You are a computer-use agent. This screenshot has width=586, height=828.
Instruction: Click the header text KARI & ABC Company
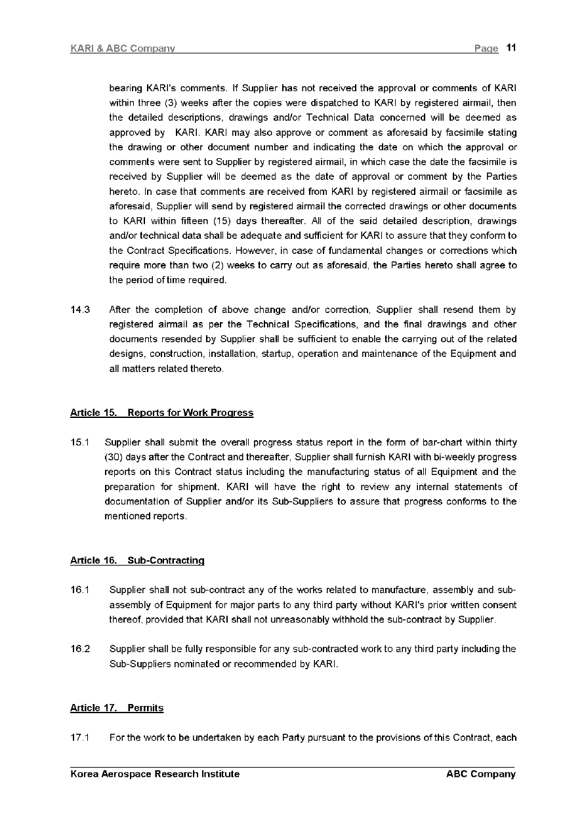[123, 49]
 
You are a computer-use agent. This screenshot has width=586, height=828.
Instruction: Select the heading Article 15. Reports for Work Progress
[161, 413]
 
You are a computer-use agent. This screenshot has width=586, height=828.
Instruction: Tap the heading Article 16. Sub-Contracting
[137, 560]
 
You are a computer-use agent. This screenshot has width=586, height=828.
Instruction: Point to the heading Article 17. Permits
[117, 708]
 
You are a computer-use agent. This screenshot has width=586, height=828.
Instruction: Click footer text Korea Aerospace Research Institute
[155, 774]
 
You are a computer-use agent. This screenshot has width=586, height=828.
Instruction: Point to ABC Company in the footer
[480, 774]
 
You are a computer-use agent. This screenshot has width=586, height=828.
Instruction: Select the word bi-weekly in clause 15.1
[451, 457]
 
